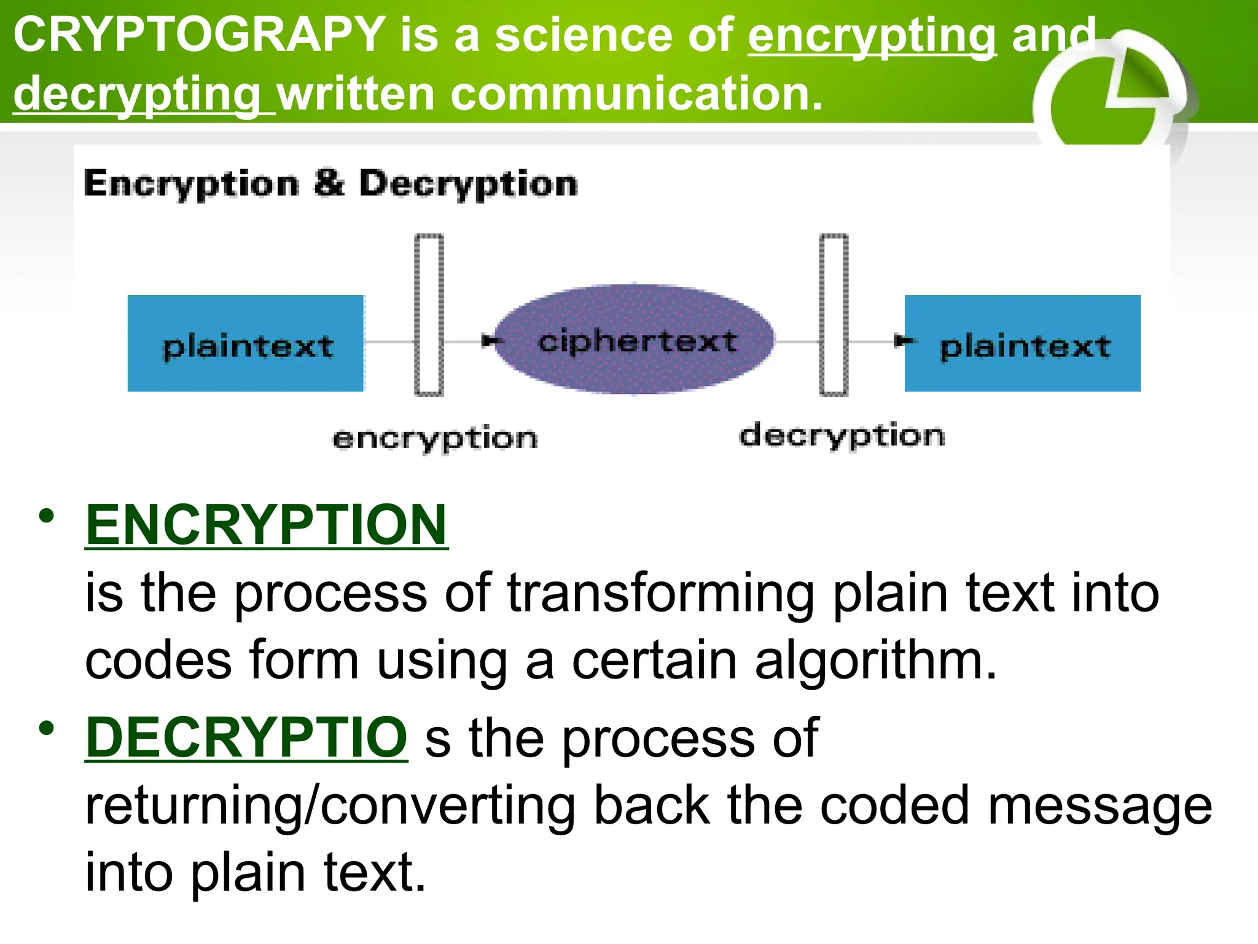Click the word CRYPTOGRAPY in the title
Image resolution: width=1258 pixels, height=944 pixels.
[x=200, y=35]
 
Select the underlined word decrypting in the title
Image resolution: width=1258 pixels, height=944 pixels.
[x=138, y=95]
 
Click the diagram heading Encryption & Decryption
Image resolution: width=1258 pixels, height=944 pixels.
[x=330, y=183]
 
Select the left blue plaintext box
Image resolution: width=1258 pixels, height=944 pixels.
[x=246, y=344]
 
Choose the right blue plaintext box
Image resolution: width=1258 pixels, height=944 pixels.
[x=1022, y=344]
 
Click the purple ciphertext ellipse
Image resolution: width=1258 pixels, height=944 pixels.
[x=636, y=340]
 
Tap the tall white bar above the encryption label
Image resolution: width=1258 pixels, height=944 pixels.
[x=429, y=315]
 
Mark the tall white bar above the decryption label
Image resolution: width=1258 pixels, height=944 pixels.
[x=834, y=315]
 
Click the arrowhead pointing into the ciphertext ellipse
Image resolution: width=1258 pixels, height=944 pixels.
[x=490, y=340]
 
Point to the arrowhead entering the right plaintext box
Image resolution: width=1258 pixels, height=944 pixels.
[x=902, y=340]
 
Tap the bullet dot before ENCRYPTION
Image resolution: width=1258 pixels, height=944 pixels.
[x=46, y=516]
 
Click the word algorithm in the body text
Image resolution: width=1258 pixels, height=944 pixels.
[x=875, y=661]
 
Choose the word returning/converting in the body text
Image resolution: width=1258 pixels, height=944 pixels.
[x=330, y=806]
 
